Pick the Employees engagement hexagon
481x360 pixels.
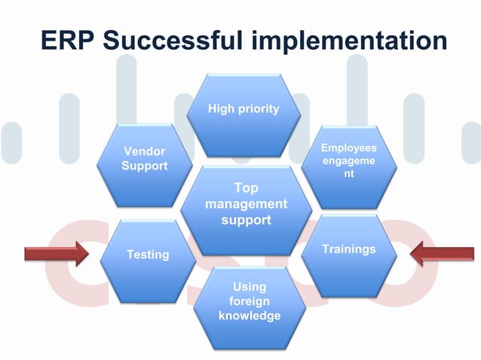(x=348, y=166)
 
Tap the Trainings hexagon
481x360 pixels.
(x=348, y=253)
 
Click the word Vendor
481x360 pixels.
(x=145, y=151)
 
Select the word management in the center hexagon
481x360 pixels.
(x=246, y=204)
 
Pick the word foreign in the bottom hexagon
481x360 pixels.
(x=249, y=301)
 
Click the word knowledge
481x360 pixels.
(x=249, y=316)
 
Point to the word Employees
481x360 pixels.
(x=348, y=148)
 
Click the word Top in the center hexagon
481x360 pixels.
(x=246, y=188)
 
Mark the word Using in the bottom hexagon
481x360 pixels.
(x=249, y=287)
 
